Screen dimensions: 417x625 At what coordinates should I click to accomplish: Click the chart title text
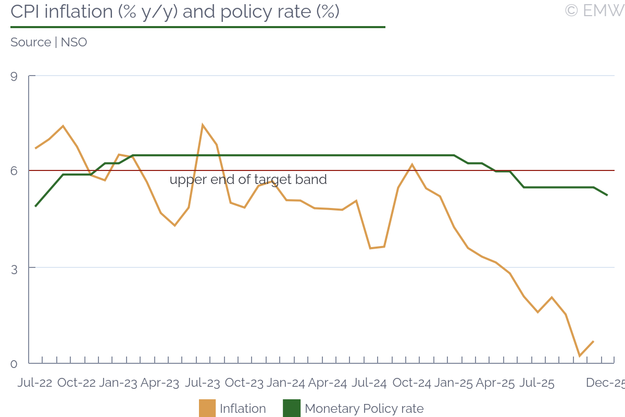(175, 11)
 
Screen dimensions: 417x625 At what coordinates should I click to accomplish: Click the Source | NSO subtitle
(48, 42)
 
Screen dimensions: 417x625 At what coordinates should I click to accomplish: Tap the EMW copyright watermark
(594, 10)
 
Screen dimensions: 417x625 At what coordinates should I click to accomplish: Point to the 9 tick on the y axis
(14, 77)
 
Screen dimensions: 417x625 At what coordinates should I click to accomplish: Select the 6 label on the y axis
(14, 171)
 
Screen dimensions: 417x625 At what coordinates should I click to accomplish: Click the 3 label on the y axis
(14, 268)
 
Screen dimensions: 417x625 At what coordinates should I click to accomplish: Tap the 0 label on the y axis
(14, 364)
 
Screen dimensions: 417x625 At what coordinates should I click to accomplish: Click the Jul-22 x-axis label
(35, 383)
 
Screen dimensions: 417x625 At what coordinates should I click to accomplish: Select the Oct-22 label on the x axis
(77, 383)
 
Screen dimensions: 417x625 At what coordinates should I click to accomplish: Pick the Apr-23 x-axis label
(160, 383)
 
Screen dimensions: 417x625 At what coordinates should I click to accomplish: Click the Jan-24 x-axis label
(285, 383)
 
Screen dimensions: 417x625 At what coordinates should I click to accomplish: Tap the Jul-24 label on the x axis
(369, 383)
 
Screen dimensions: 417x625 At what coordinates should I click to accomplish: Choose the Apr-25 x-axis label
(495, 383)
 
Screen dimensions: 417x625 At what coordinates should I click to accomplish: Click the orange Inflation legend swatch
(207, 408)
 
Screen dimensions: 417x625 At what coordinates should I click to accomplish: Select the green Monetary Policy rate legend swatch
(291, 408)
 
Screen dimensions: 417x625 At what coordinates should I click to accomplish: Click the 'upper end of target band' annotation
(248, 180)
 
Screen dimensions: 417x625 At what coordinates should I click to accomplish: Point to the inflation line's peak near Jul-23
(202, 125)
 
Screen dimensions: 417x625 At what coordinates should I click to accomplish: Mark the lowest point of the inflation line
(580, 356)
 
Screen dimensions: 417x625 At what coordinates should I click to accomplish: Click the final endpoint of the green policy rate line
(607, 195)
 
